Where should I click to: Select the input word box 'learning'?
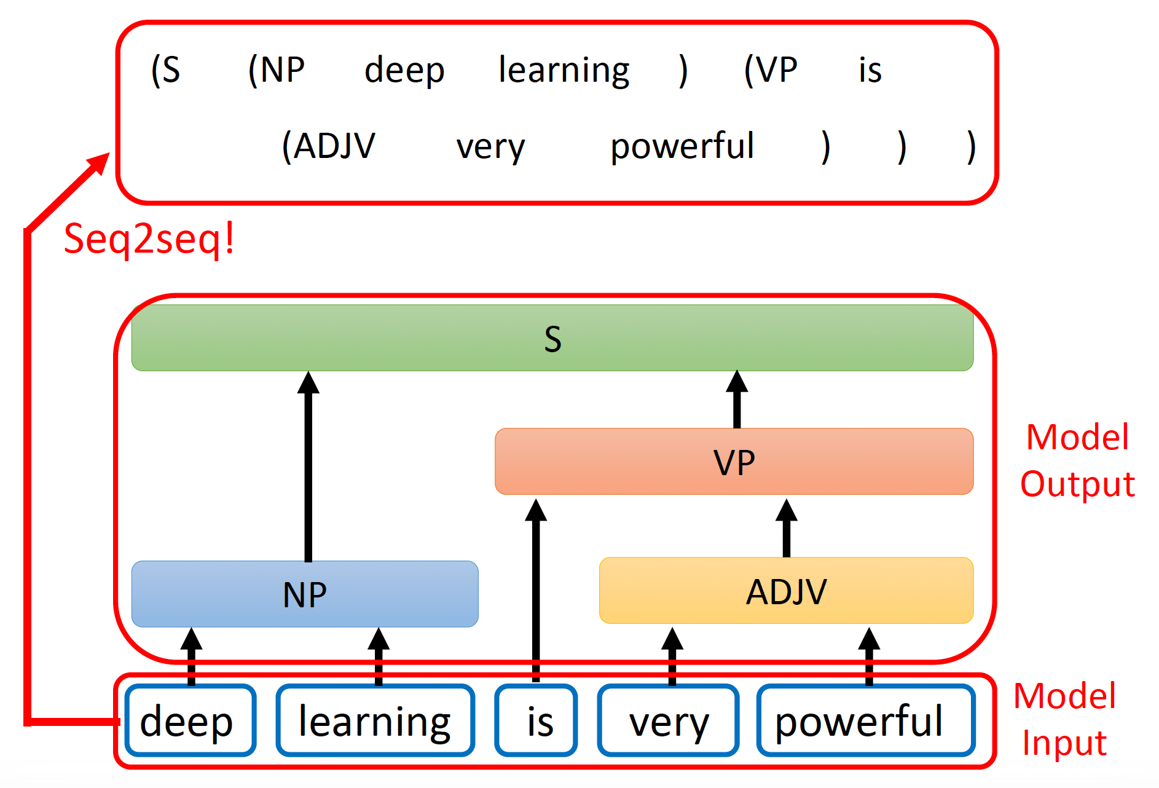pyautogui.click(x=375, y=720)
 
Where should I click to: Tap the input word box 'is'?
pyautogui.click(x=536, y=720)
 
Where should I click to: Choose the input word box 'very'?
pyautogui.click(x=669, y=720)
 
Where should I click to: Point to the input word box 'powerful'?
pyautogui.click(x=865, y=720)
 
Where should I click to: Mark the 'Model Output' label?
pyautogui.click(x=1077, y=460)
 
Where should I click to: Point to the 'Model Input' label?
pyautogui.click(x=1064, y=719)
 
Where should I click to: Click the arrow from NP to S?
pyautogui.click(x=308, y=467)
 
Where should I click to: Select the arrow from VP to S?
pyautogui.click(x=737, y=400)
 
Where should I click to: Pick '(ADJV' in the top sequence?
pyautogui.click(x=328, y=146)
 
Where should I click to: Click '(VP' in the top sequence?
pyautogui.click(x=771, y=69)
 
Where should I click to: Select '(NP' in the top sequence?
pyautogui.click(x=277, y=69)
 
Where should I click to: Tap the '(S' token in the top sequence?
pyautogui.click(x=166, y=69)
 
